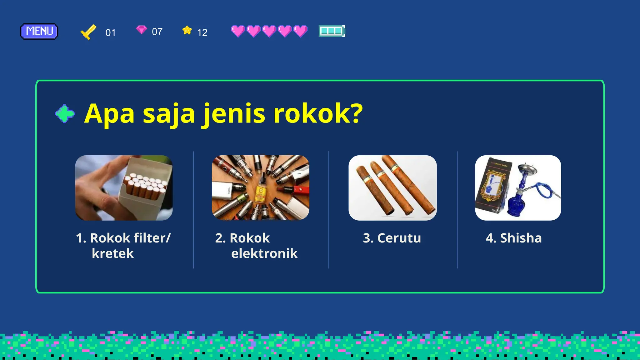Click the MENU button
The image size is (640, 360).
pos(39,31)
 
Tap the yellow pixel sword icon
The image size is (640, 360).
pos(88,32)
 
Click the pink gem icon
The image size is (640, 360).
pos(141,30)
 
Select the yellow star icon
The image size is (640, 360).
pos(187,30)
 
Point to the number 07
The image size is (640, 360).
pos(157,32)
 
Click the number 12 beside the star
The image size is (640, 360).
pos(202,32)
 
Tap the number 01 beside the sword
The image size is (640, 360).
pos(111,32)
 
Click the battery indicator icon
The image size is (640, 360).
pos(332,31)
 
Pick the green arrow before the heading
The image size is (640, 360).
pos(65,113)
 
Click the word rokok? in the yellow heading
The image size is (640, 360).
pos(318,113)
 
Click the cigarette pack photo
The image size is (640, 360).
pos(124,188)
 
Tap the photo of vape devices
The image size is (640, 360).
pos(261,188)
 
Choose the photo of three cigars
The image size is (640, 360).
pos(392,188)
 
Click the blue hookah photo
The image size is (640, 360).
pos(518,188)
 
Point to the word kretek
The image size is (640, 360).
pos(113,253)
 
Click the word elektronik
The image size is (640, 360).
pos(264,253)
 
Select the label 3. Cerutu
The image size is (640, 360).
pos(392,238)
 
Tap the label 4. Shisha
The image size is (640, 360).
pos(513,238)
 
